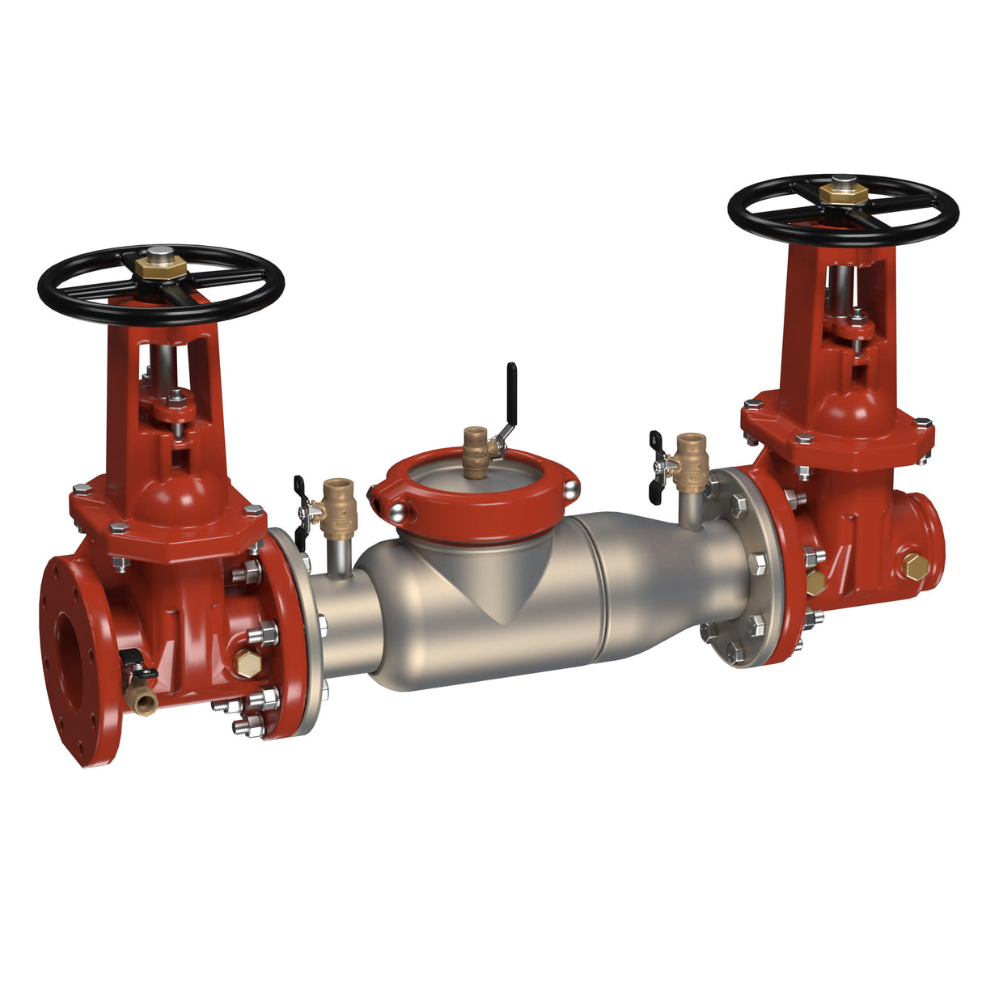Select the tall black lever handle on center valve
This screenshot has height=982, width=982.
tap(511, 388)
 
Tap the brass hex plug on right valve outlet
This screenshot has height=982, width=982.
tap(915, 567)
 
